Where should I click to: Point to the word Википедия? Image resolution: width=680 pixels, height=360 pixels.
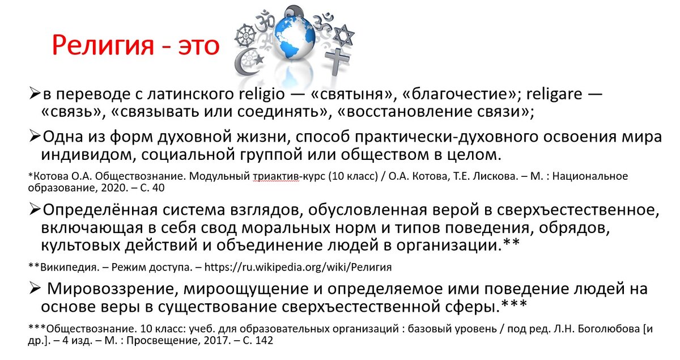pos(62,266)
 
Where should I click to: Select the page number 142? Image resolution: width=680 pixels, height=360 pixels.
pos(264,341)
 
